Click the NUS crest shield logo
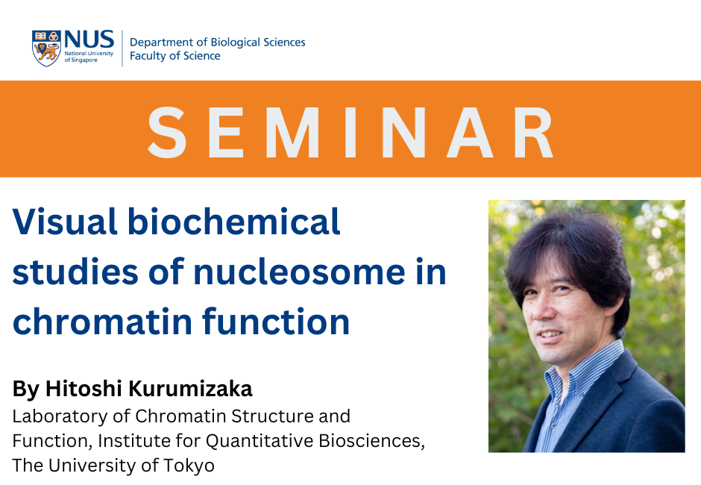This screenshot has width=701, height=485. [46, 48]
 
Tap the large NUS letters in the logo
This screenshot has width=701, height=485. [89, 40]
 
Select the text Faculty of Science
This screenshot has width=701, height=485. [175, 56]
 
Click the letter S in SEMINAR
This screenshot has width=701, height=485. [167, 132]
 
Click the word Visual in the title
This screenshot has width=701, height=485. [65, 222]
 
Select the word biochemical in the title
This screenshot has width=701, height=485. [234, 221]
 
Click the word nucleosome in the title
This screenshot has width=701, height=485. [299, 272]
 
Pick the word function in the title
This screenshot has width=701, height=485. [275, 321]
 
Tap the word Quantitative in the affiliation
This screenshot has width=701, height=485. [260, 442]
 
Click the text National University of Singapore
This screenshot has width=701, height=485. [89, 57]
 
